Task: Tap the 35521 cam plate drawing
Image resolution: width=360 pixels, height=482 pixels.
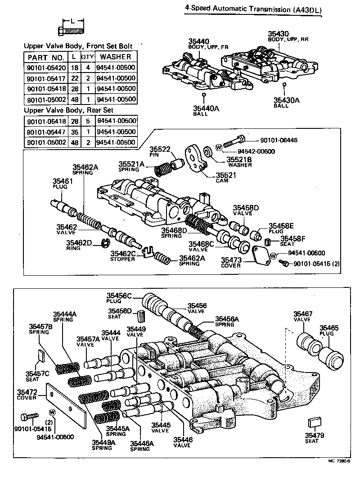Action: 196,157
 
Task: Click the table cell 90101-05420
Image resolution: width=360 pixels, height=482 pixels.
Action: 45,68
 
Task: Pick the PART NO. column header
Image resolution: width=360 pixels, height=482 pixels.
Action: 45,57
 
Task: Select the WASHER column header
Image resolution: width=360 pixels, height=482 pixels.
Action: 116,57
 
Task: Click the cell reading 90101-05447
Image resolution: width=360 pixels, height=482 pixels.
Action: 45,132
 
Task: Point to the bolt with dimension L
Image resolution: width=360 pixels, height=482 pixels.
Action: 72,30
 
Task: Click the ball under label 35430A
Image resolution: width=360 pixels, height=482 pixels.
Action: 284,84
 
